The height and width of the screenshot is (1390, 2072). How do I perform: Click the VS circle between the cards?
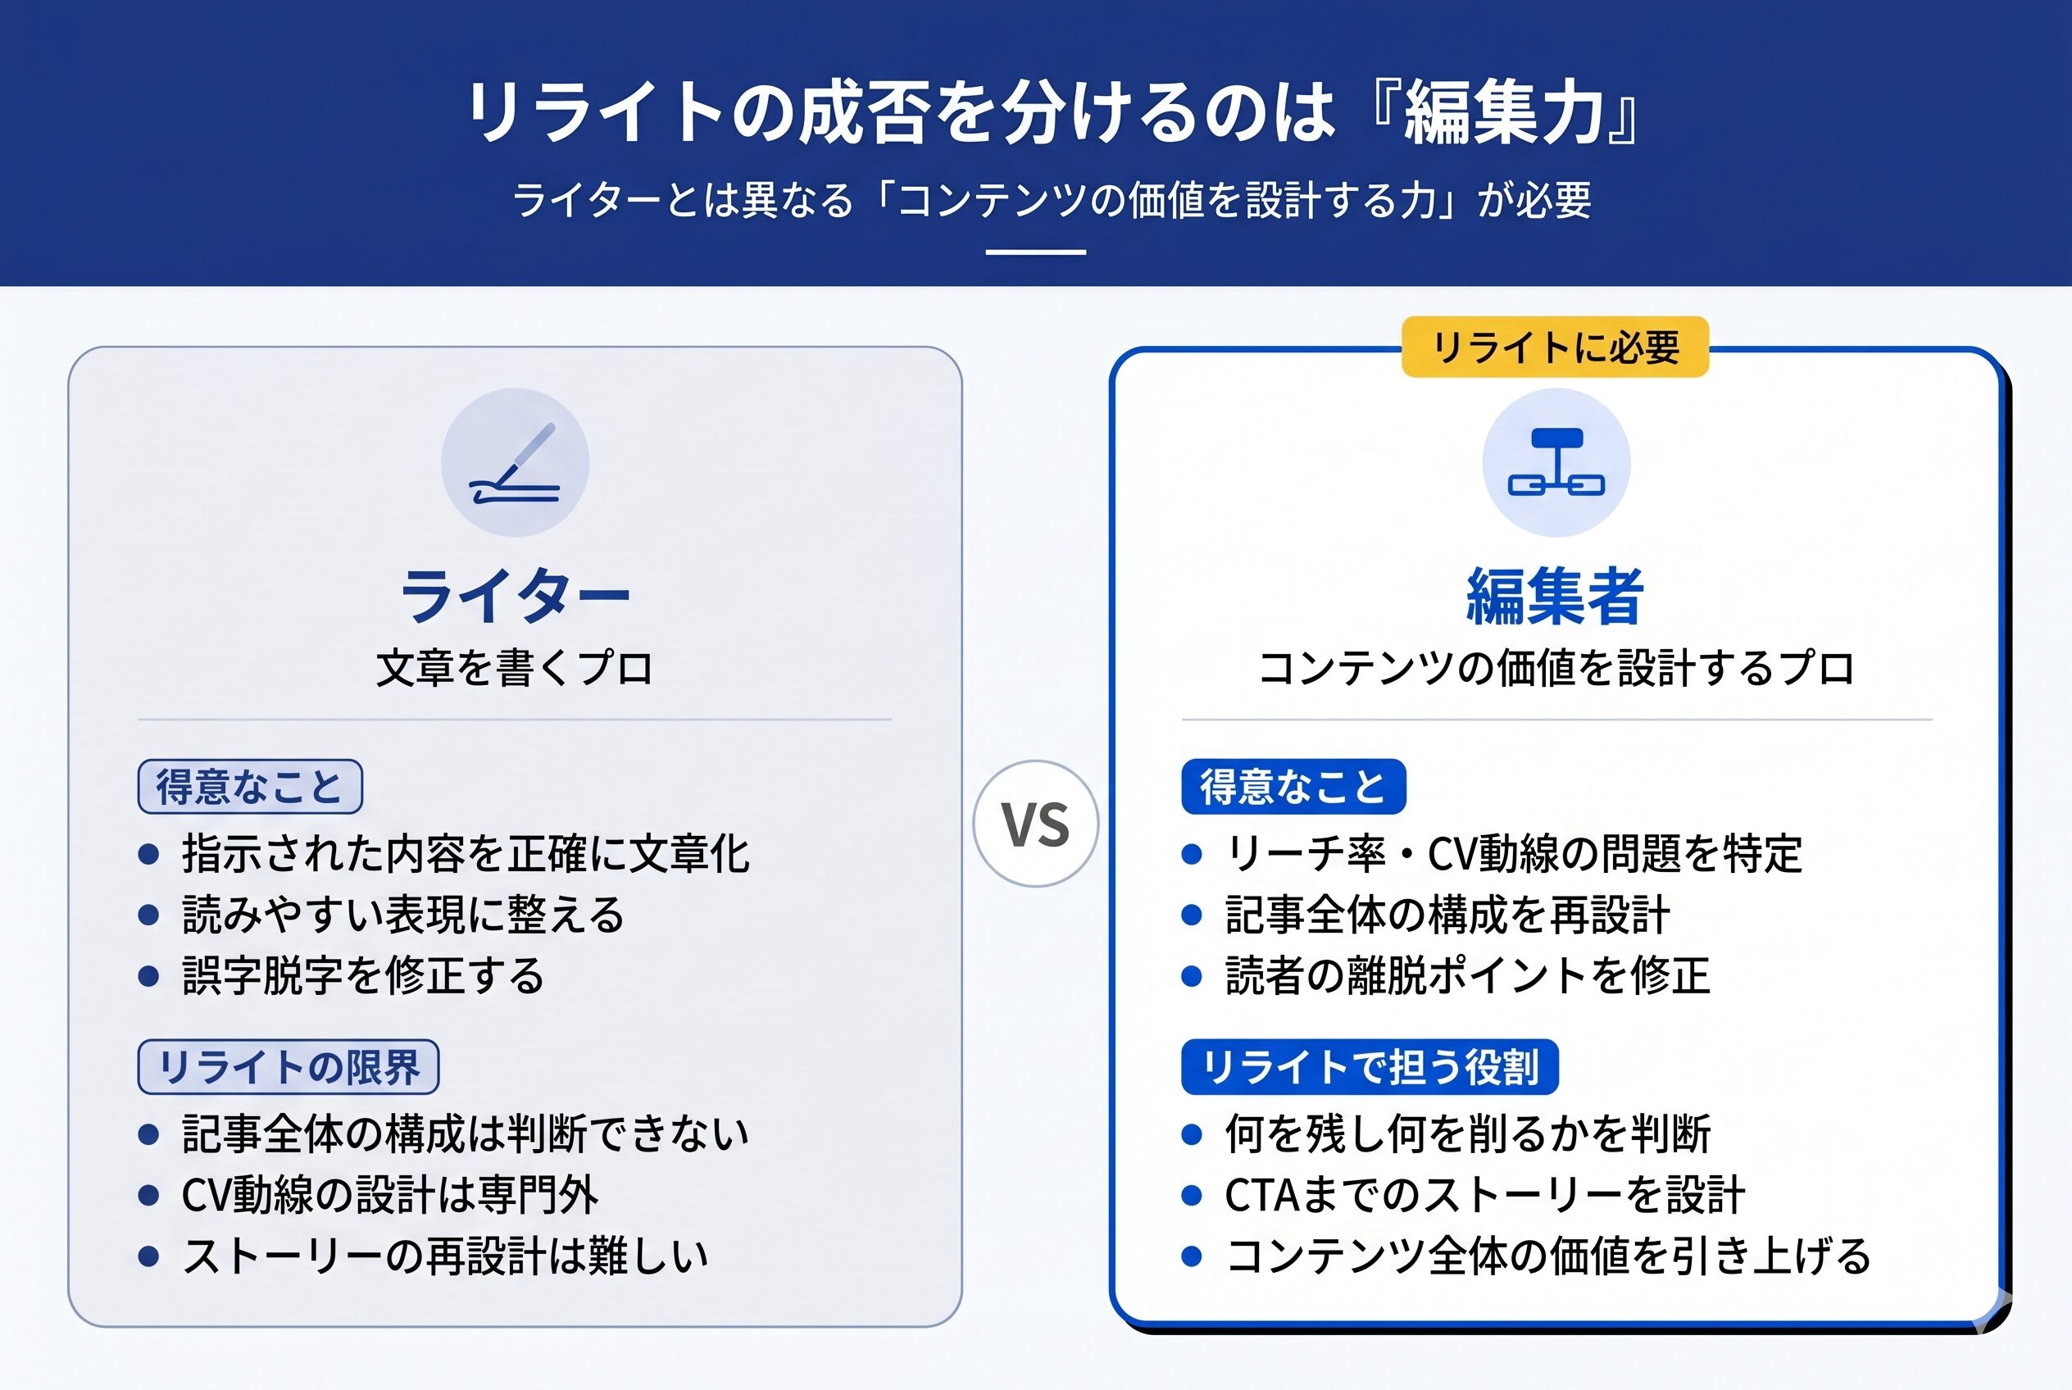point(1035,824)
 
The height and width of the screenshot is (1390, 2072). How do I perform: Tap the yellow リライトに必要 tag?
point(1555,347)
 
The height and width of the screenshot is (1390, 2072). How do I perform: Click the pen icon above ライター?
point(515,462)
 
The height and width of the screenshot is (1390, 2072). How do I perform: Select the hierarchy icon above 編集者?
point(1556,462)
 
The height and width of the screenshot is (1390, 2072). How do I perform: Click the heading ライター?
point(515,596)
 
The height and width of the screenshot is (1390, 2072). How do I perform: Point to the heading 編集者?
point(1556,596)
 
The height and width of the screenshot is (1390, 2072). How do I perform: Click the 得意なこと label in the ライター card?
point(250,786)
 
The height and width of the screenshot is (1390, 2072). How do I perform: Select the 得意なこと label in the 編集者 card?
point(1293,786)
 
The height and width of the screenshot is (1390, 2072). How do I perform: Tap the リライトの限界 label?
point(289,1066)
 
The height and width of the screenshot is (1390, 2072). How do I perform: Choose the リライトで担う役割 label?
point(1370,1066)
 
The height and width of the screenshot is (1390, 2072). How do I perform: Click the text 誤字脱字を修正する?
point(362,976)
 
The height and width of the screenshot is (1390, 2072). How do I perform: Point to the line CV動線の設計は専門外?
point(390,1195)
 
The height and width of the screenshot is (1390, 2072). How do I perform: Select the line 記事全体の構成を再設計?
point(1447,915)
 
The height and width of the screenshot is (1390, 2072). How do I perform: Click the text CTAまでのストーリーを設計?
point(1485,1195)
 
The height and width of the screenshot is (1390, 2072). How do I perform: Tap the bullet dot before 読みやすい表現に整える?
point(149,915)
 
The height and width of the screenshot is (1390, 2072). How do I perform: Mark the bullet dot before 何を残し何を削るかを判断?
point(1192,1133)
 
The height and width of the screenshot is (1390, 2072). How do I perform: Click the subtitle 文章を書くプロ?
point(515,669)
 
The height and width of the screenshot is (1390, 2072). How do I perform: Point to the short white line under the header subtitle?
point(1035,252)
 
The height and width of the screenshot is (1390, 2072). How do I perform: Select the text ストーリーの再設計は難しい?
point(445,1256)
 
